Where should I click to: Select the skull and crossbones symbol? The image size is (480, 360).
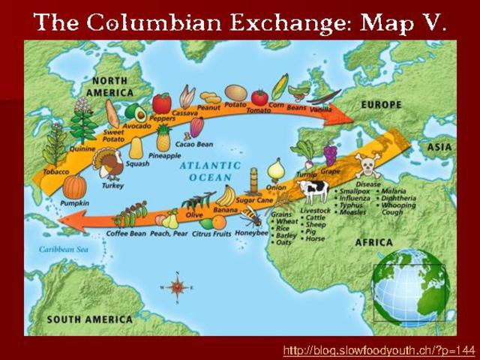click(367, 164)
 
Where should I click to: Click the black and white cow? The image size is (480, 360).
click(313, 190)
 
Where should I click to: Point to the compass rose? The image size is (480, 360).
click(177, 287)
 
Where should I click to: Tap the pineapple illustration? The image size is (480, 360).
click(163, 138)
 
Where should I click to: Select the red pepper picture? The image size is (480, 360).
click(161, 103)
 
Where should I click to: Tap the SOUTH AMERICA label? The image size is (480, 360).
click(90, 319)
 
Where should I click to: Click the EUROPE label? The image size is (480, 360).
click(381, 105)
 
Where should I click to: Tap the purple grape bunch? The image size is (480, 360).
click(330, 154)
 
